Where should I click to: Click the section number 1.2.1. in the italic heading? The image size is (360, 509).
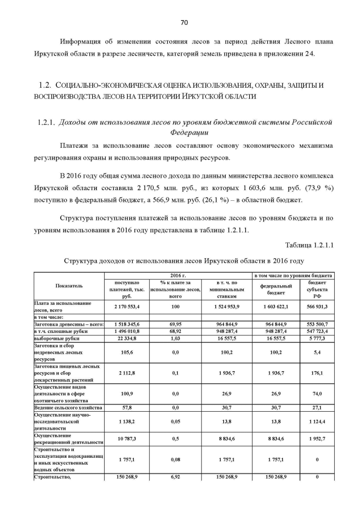click(47, 122)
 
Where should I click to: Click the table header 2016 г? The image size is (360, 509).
click(178, 275)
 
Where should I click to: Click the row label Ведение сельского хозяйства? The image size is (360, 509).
click(68, 407)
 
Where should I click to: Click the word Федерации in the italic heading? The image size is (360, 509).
click(188, 133)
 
